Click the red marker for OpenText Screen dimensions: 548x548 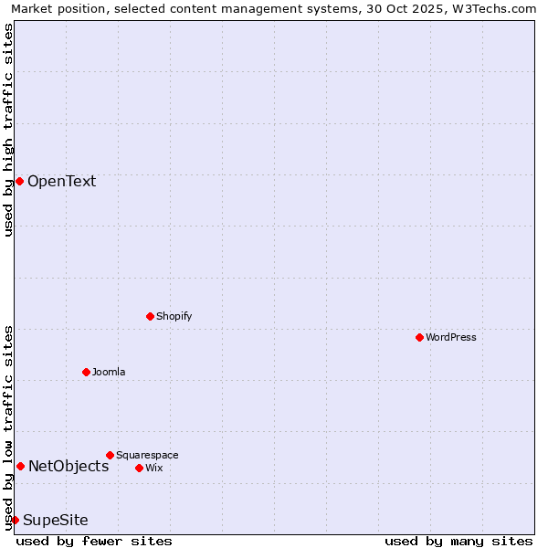[x=19, y=181]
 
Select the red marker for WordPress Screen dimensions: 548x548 [x=419, y=337]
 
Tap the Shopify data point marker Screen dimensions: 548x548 [x=150, y=316]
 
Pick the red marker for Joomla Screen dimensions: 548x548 [x=86, y=372]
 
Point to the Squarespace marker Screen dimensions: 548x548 [x=110, y=455]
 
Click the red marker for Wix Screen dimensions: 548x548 [x=139, y=468]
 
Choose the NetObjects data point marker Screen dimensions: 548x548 [x=20, y=466]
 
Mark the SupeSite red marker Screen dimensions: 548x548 [x=15, y=520]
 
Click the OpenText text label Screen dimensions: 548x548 [x=61, y=181]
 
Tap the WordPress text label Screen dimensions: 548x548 [x=451, y=337]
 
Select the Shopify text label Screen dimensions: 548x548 [x=174, y=316]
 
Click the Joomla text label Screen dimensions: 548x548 [x=109, y=372]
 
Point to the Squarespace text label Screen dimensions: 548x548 [x=147, y=455]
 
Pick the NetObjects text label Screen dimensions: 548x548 [x=68, y=466]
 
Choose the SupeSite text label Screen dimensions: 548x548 [x=56, y=520]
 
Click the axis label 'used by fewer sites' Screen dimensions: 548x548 [x=94, y=541]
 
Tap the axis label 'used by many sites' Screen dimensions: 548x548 [x=458, y=541]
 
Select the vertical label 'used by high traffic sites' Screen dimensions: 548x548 [x=8, y=130]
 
